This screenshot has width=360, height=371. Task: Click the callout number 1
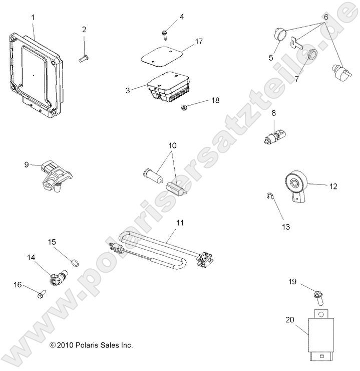[x=33, y=18]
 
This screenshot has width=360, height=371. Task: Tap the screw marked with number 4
[x=164, y=33]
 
